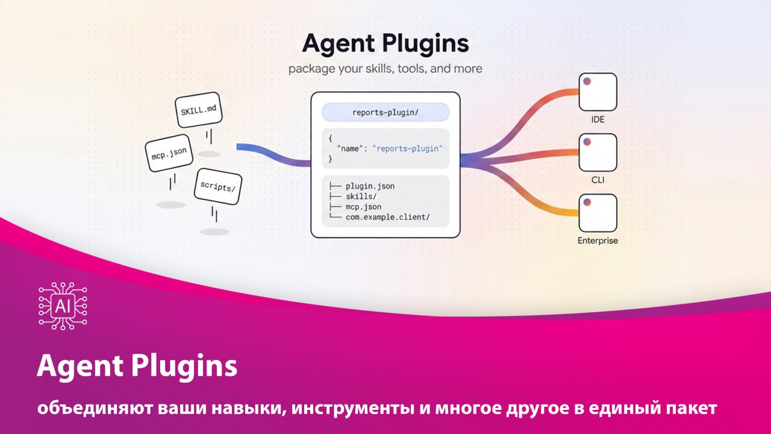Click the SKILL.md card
pyautogui.click(x=199, y=110)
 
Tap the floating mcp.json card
pyautogui.click(x=169, y=153)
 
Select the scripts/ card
pyautogui.click(x=218, y=186)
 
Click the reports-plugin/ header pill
pyautogui.click(x=385, y=112)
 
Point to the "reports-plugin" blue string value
pyautogui.click(x=408, y=148)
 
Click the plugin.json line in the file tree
pyautogui.click(x=370, y=186)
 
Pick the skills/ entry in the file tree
pyautogui.click(x=361, y=197)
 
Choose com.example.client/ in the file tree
pyautogui.click(x=387, y=217)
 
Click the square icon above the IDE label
pyautogui.click(x=598, y=92)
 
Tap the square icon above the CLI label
pyautogui.click(x=598, y=153)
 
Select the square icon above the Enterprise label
pyautogui.click(x=598, y=213)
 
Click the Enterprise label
pyautogui.click(x=598, y=241)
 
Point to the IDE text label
pyautogui.click(x=598, y=119)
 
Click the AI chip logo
pyautogui.click(x=63, y=306)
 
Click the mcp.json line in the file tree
pyautogui.click(x=363, y=207)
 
